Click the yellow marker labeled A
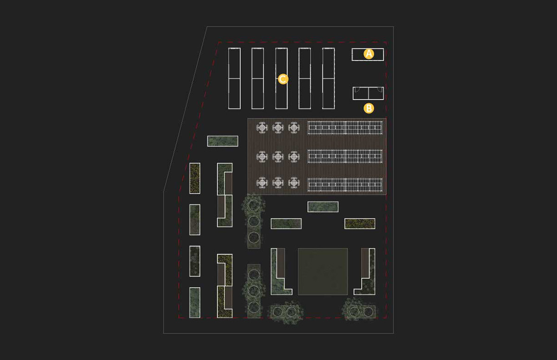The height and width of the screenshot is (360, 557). point(369,54)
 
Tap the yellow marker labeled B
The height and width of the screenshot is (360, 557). point(369,109)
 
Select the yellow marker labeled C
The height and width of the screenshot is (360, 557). point(283,79)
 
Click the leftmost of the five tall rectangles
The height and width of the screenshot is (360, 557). point(234,78)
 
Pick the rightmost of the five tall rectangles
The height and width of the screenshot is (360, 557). point(329,78)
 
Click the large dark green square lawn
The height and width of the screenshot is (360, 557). point(323,271)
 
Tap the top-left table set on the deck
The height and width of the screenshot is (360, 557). point(263,127)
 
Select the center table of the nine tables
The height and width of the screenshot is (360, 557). point(278,157)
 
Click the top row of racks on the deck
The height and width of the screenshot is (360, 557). point(345,127)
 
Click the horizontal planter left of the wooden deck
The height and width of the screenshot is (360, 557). point(222,141)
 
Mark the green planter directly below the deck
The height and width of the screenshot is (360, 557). point(323,207)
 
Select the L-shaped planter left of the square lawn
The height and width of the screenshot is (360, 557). point(279,274)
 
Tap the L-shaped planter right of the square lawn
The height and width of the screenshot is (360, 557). point(366,274)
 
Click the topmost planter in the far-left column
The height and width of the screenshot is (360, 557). point(195,178)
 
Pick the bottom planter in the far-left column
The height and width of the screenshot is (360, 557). point(195,302)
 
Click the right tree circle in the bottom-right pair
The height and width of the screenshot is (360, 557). point(369,311)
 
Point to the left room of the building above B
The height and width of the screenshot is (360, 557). point(361,93)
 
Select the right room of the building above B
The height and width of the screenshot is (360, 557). point(376,93)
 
